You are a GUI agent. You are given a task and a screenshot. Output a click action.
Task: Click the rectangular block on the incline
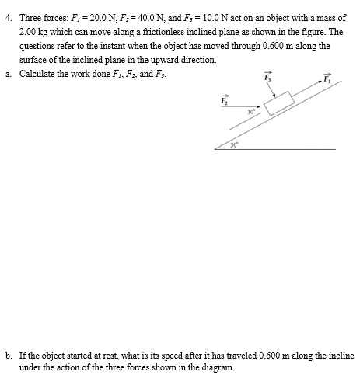[280, 103]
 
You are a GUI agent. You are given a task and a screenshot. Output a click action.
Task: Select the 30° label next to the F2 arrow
[250, 113]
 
